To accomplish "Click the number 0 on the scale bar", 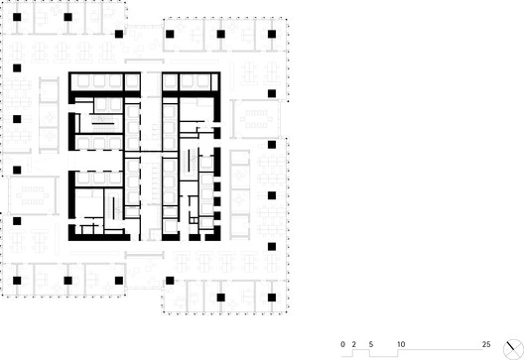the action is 342,344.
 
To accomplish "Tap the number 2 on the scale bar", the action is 354,344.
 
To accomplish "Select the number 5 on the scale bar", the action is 371,344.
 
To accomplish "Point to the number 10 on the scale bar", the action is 401,344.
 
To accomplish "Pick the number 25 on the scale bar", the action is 486,344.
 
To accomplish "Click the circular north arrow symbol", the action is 513,349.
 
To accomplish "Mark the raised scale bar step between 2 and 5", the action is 361,350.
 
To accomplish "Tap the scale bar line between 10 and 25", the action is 441,350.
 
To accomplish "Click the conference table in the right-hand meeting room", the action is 256,119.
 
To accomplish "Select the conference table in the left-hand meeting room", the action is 33,195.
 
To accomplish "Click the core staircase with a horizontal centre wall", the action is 103,124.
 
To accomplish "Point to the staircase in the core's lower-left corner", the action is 113,208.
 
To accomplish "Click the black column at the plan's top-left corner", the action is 17,17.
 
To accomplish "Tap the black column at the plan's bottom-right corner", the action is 272,298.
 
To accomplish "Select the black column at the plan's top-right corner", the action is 272,34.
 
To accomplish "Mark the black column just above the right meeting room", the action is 272,93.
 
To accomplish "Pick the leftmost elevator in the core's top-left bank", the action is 83,80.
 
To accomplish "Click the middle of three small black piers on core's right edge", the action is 217,201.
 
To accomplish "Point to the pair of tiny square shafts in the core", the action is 194,220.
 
